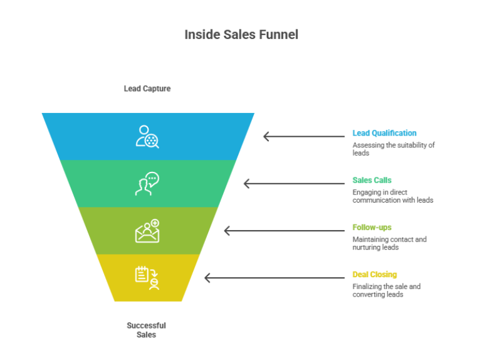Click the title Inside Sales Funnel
tap(241, 34)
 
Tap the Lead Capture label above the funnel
tap(147, 88)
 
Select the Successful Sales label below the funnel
tap(146, 330)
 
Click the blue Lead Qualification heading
tap(384, 133)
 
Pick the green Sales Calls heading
tap(372, 180)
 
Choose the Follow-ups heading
tap(372, 227)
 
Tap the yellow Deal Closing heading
tap(374, 274)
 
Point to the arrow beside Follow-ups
tap(284, 231)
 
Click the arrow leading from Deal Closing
tap(275, 278)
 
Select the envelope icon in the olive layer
tap(147, 231)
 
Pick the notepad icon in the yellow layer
tap(147, 278)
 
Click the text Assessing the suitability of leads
tap(393, 149)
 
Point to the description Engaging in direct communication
tap(392, 196)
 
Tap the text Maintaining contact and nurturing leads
tap(389, 243)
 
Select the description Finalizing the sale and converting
tap(386, 290)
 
